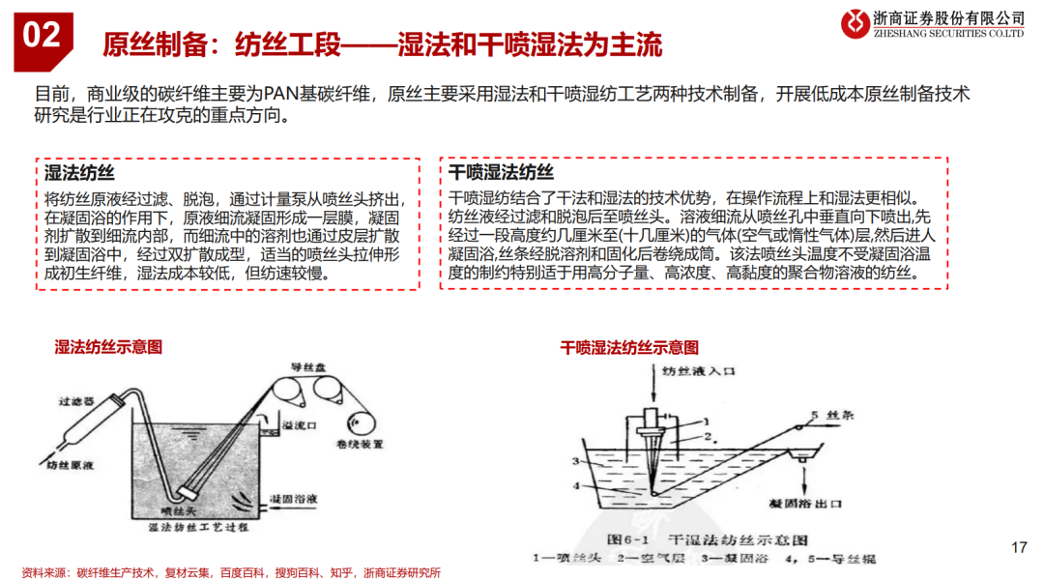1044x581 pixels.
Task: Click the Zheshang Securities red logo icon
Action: click(853, 24)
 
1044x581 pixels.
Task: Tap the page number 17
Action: click(1018, 548)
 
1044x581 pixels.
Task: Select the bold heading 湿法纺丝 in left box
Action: click(79, 174)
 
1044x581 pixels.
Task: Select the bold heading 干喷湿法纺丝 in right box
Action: click(501, 174)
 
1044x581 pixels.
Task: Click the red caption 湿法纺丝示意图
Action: click(108, 346)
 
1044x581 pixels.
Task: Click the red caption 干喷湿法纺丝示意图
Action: click(629, 346)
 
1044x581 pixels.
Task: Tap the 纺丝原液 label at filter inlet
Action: click(67, 465)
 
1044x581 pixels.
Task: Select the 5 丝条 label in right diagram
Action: click(826, 416)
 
